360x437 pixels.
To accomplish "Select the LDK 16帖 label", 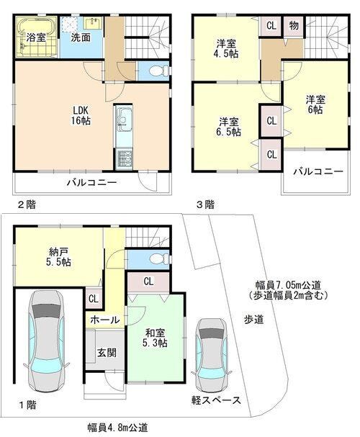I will [80, 116].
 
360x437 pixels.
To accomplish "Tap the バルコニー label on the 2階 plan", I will [91, 183].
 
